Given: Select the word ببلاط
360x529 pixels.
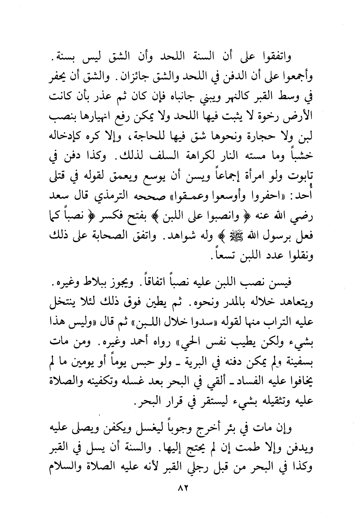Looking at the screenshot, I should click(x=103, y=284).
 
